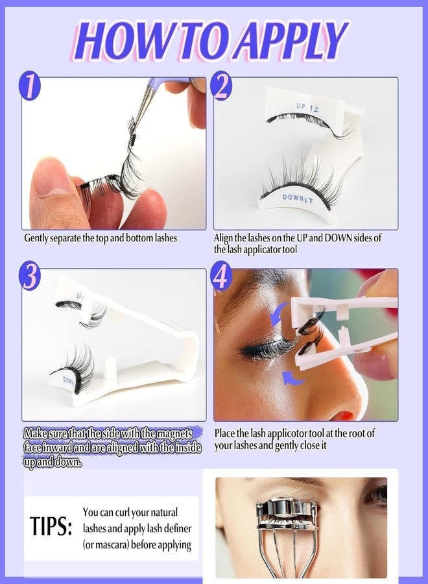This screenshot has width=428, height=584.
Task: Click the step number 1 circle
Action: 30,86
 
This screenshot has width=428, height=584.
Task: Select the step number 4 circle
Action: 222,278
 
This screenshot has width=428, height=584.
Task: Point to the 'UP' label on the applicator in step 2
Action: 304,106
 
